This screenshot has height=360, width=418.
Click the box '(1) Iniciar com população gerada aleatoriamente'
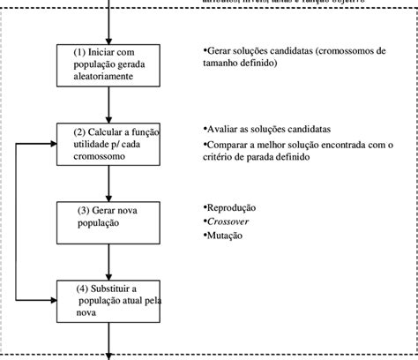point(109,66)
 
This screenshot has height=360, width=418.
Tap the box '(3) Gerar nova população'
point(109,221)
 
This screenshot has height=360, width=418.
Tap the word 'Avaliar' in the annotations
point(224,128)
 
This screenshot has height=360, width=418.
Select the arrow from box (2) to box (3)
point(109,184)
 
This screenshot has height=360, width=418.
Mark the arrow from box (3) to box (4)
point(109,261)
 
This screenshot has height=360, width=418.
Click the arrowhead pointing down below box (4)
point(109,355)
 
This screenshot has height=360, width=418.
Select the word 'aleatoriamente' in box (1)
point(102,77)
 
